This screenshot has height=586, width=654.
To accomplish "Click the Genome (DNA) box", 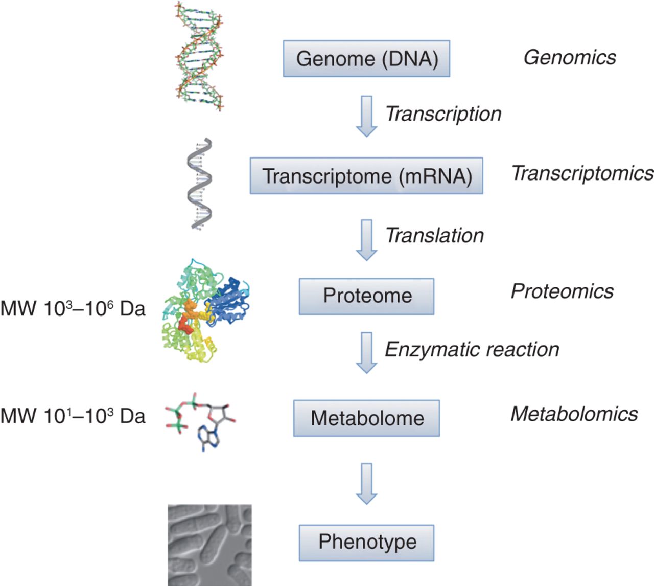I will [x=366, y=59].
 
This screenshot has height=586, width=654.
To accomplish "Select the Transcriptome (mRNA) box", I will [x=366, y=176].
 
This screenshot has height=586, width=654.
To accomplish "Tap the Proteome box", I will [x=366, y=296].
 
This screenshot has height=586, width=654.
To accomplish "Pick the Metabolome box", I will [x=366, y=418].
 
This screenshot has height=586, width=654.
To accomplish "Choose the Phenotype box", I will [x=366, y=543].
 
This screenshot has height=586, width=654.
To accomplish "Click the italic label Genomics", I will [x=570, y=58].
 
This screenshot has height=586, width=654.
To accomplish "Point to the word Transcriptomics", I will [x=582, y=173].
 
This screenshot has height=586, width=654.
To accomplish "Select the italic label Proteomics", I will [x=562, y=291].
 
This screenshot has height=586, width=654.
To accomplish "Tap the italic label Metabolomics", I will [x=574, y=414].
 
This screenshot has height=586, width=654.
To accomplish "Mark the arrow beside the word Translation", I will [x=366, y=239].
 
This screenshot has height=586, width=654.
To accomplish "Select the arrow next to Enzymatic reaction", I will [x=366, y=352].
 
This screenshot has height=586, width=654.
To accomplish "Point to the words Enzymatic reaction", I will [x=472, y=350].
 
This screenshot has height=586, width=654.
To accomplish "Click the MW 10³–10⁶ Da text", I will [x=73, y=308].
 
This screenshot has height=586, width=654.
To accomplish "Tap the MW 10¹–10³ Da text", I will [x=73, y=416].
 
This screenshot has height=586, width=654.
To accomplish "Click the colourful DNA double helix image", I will [x=199, y=56].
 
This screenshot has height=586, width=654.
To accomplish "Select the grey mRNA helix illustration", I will [x=199, y=183].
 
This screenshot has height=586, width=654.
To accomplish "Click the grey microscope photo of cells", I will [x=209, y=545].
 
